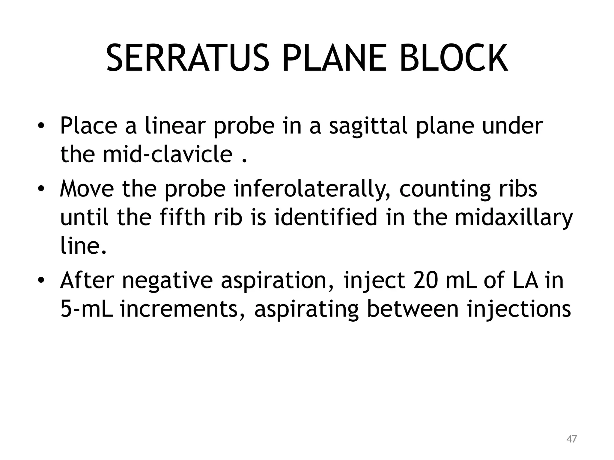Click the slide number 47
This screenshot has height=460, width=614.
[571, 439]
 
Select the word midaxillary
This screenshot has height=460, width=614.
[514, 218]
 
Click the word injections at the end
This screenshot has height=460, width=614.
[519, 309]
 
